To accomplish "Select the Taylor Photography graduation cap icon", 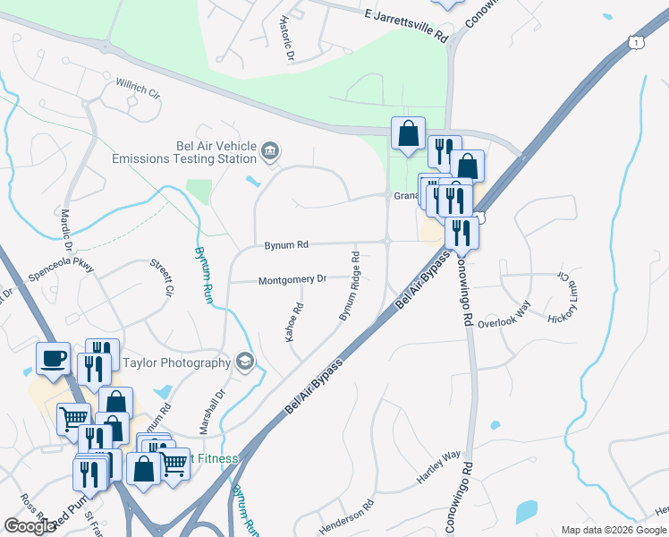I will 244,362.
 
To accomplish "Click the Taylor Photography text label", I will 176,362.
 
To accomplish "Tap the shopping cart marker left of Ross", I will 73,418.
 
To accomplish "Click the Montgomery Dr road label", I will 292,280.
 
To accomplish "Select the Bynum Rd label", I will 286,243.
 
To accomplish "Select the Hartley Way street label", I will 438,468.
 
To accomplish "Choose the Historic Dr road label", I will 286,37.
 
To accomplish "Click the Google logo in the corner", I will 30,525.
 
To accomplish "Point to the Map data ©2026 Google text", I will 614,530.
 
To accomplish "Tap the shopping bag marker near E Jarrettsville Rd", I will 408,133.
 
